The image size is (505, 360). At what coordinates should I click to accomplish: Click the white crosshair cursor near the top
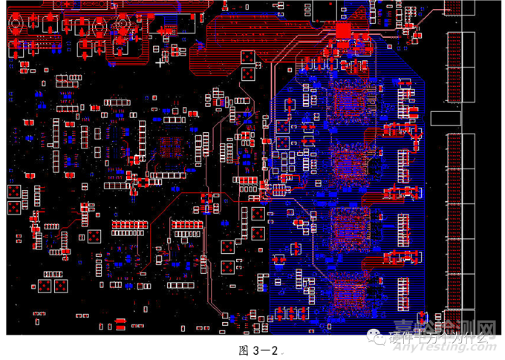click(x=160, y=63)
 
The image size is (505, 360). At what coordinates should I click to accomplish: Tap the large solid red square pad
click(x=343, y=30)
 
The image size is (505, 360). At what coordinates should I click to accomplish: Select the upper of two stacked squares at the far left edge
click(x=14, y=192)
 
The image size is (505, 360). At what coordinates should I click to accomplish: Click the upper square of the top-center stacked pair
click(x=249, y=57)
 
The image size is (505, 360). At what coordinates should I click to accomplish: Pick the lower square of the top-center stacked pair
click(x=249, y=76)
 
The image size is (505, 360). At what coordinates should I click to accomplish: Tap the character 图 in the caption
click(x=241, y=350)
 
